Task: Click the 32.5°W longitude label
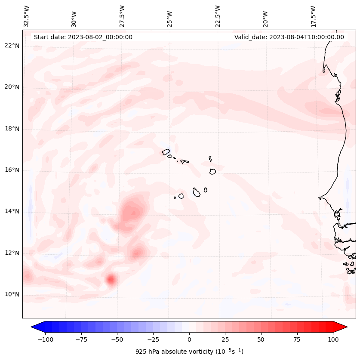27,16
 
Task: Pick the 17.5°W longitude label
313,16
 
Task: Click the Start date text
83,37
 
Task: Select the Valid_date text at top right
289,37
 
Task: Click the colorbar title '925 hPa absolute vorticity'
189,352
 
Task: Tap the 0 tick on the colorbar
189,339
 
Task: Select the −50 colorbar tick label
117,339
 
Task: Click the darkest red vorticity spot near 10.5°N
111,280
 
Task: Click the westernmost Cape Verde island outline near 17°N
166,152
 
